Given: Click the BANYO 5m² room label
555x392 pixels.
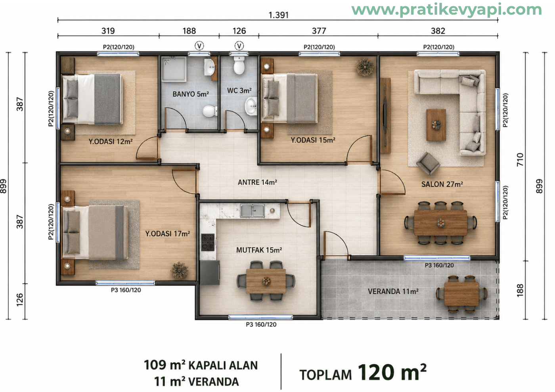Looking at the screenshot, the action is point(191,94).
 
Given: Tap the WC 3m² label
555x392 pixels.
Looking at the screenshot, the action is point(239,90).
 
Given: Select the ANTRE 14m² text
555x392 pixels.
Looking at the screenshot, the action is point(257,182).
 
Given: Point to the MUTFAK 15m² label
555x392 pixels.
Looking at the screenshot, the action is point(259,250).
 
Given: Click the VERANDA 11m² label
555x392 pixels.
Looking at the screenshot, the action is point(393,291).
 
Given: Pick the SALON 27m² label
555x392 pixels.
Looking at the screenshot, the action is point(442,184).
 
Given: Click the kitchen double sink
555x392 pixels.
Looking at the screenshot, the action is point(252,211).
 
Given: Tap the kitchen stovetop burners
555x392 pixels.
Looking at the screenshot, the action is point(208,242).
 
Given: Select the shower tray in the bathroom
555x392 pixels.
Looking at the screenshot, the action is point(174,69).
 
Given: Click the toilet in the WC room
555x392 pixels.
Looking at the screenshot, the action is point(239,65).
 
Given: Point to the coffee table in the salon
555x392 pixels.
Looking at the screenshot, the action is point(436,125).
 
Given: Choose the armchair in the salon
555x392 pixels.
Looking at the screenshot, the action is point(428,163).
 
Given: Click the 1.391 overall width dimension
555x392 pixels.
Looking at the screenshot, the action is point(279,15).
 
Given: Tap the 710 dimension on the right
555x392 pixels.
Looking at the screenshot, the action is point(520,159).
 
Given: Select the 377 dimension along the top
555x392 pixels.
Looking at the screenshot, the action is point(319,31).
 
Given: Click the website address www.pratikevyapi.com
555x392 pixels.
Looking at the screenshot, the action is point(447,10).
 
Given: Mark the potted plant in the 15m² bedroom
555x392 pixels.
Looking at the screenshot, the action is point(364,67).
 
